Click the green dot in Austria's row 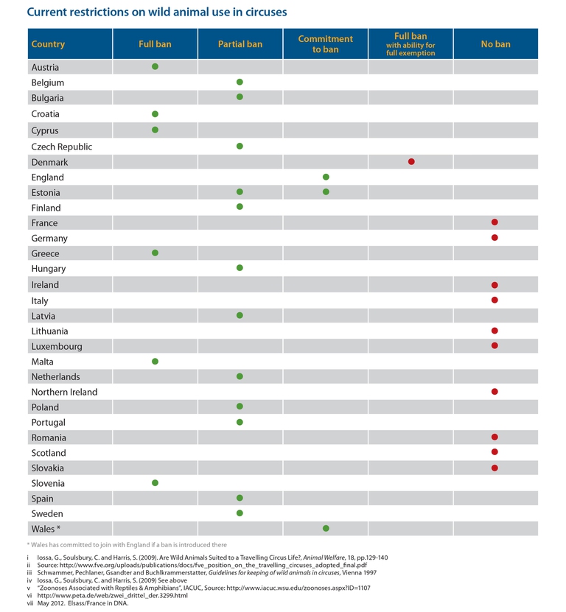[x=155, y=66]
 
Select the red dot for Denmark [x=411, y=161]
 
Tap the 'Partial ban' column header [x=240, y=44]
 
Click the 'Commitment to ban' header [x=325, y=44]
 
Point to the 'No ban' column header [x=495, y=44]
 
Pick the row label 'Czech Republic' [x=62, y=147]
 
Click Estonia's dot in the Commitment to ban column [x=326, y=192]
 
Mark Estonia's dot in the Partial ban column [x=240, y=192]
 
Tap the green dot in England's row [x=326, y=177]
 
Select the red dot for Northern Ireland [x=495, y=392]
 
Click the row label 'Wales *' [x=46, y=529]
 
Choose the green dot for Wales [x=326, y=528]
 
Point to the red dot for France [x=495, y=222]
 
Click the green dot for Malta [x=155, y=361]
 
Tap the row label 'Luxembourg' [x=57, y=346]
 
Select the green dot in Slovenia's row [x=155, y=483]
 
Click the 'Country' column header [x=49, y=44]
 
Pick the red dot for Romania [x=495, y=437]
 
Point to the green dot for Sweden [x=240, y=513]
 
